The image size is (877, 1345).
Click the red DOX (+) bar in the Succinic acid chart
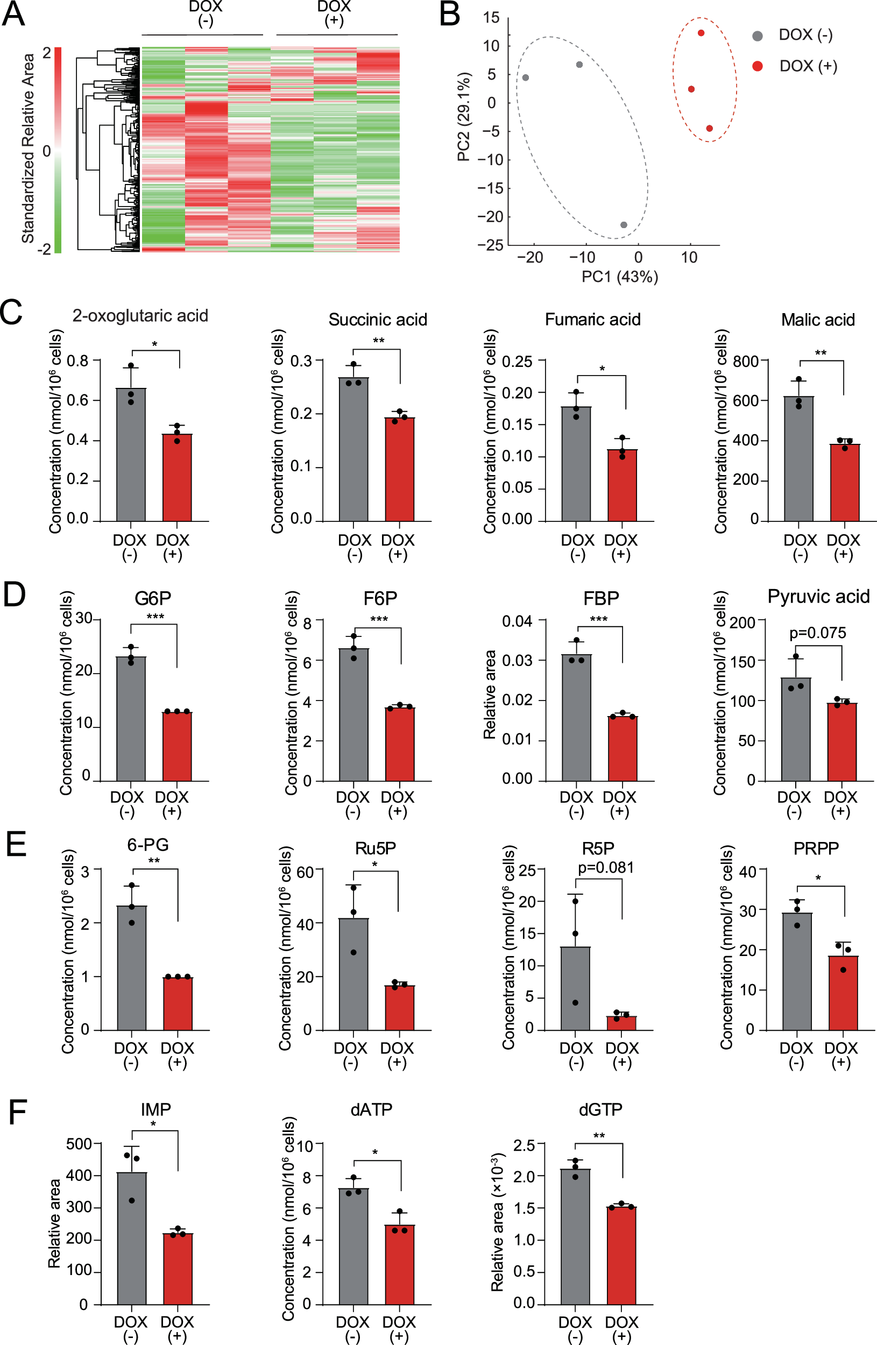tap(400, 469)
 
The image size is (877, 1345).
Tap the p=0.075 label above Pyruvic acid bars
tap(818, 633)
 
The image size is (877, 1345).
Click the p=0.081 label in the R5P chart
tap(605, 867)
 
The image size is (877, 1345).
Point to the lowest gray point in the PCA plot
tap(623, 225)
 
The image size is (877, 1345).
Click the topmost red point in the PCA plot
tap(701, 33)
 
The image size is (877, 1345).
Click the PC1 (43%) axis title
tap(619, 277)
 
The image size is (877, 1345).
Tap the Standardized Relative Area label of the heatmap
tap(29, 148)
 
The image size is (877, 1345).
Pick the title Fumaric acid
tap(592, 320)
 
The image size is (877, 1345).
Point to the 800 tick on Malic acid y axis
tap(746, 360)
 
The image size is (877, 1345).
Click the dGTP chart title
tap(599, 1110)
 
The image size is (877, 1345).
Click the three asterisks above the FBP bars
tap(598, 619)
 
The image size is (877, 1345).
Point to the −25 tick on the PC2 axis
tap(490, 245)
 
